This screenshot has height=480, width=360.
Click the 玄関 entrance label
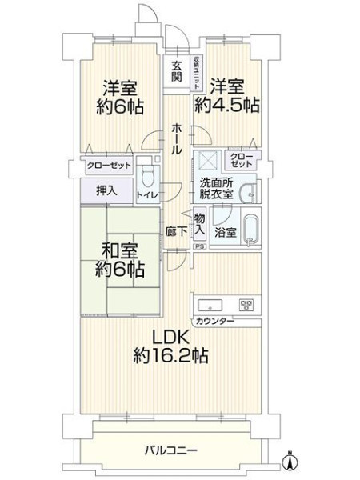click(176, 71)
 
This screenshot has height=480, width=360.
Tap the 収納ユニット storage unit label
click(196, 72)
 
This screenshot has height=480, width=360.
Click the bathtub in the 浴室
click(252, 230)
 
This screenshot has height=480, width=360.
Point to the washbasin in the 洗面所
click(247, 194)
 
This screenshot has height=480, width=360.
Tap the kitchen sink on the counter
click(210, 306)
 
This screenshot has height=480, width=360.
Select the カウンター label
click(214, 321)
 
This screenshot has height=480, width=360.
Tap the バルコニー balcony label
click(171, 450)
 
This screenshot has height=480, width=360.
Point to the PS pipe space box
click(199, 246)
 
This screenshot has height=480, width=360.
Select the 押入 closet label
click(106, 190)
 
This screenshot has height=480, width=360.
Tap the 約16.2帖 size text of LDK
click(171, 356)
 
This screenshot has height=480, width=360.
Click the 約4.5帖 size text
click(227, 105)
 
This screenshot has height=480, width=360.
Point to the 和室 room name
click(120, 250)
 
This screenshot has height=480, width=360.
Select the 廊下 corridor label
click(176, 232)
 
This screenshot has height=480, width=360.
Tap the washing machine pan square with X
click(208, 161)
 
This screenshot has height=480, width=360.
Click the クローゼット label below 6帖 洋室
click(109, 166)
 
